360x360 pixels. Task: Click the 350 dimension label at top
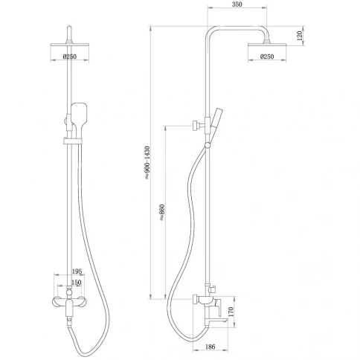tap(237, 4)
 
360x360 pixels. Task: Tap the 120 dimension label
tap(300, 36)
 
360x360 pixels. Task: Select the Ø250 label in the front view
tap(70, 57)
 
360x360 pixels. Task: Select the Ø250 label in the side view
tap(267, 57)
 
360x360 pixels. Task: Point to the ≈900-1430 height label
tap(147, 162)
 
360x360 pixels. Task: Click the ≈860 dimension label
tap(162, 213)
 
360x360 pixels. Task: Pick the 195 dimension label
tap(77, 271)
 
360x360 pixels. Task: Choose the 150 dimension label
tap(77, 283)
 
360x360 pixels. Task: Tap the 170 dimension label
tap(231, 312)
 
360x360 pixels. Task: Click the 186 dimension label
tap(210, 347)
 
